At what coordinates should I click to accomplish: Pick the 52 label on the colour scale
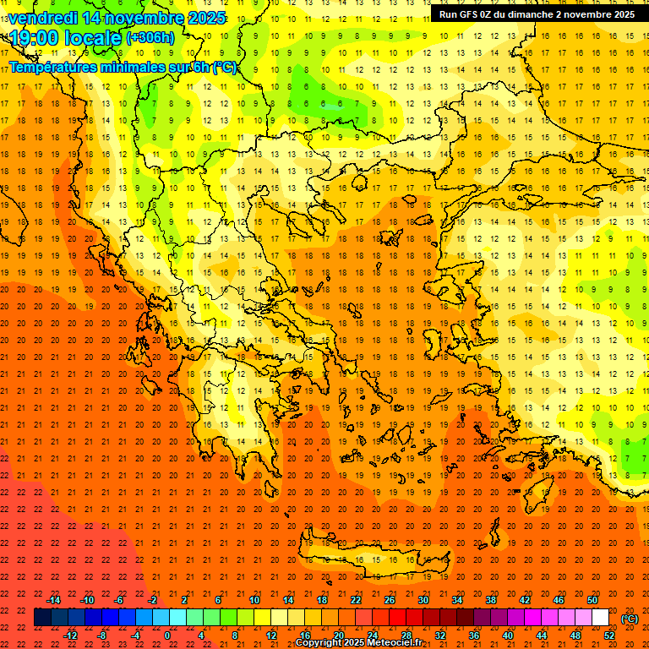coord(609,635)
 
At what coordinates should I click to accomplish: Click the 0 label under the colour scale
coord(168,635)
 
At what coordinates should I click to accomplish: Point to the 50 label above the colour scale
coord(592,600)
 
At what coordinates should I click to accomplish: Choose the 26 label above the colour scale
coord(390,600)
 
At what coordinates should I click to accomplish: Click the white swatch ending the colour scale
coord(601,618)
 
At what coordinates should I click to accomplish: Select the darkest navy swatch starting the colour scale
coord(42,618)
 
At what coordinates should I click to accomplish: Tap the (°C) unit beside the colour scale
coord(629,619)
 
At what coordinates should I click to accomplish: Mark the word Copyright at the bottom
coord(319,643)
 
